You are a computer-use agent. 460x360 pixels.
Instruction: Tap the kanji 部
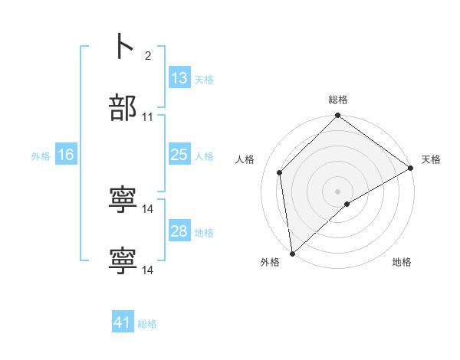click(123, 108)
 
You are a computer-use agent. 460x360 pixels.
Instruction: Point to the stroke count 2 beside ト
click(147, 55)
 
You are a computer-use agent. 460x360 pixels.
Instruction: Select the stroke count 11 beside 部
click(148, 117)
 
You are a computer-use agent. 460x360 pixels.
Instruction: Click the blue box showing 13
click(179, 78)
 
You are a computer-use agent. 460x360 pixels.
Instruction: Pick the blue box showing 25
click(179, 155)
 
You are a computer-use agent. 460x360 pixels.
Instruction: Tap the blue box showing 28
click(179, 231)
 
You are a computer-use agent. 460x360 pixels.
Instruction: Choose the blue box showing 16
click(65, 155)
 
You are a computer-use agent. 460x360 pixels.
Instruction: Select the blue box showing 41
click(123, 322)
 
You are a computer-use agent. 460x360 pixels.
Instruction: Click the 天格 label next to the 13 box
click(204, 79)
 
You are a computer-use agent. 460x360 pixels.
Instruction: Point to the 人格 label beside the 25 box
click(204, 155)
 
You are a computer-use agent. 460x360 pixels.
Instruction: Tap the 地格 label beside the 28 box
click(204, 232)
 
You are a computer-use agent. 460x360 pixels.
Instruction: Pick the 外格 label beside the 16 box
click(41, 155)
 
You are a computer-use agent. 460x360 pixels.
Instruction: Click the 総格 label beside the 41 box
click(147, 323)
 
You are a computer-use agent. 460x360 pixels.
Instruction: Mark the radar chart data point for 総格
click(337, 116)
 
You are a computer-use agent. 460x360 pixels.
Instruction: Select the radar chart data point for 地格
click(347, 204)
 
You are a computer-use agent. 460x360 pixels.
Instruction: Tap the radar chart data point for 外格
click(292, 253)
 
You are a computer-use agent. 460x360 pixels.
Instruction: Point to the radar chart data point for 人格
click(280, 172)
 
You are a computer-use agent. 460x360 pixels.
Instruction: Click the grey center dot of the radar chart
click(337, 191)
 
